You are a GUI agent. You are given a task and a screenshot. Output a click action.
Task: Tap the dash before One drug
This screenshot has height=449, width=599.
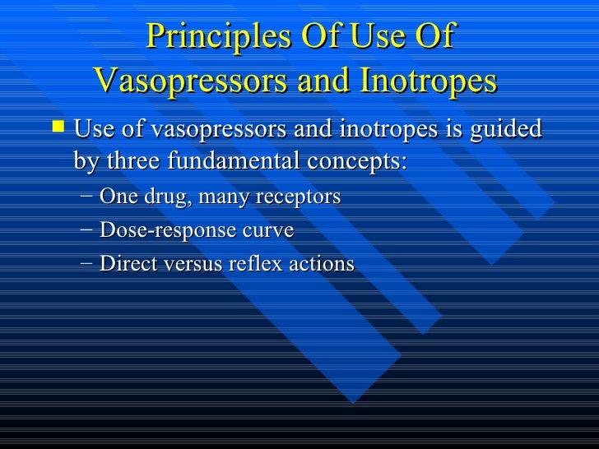87,197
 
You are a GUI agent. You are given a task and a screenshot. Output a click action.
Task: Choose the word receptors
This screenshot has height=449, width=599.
299,198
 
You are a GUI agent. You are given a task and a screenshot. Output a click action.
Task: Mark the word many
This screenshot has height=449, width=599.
224,198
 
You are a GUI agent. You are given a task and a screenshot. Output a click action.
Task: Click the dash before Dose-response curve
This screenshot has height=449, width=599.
87,231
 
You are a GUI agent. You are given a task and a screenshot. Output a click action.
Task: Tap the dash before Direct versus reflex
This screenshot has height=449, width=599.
87,264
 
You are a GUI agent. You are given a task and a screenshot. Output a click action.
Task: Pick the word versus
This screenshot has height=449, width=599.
184,264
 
